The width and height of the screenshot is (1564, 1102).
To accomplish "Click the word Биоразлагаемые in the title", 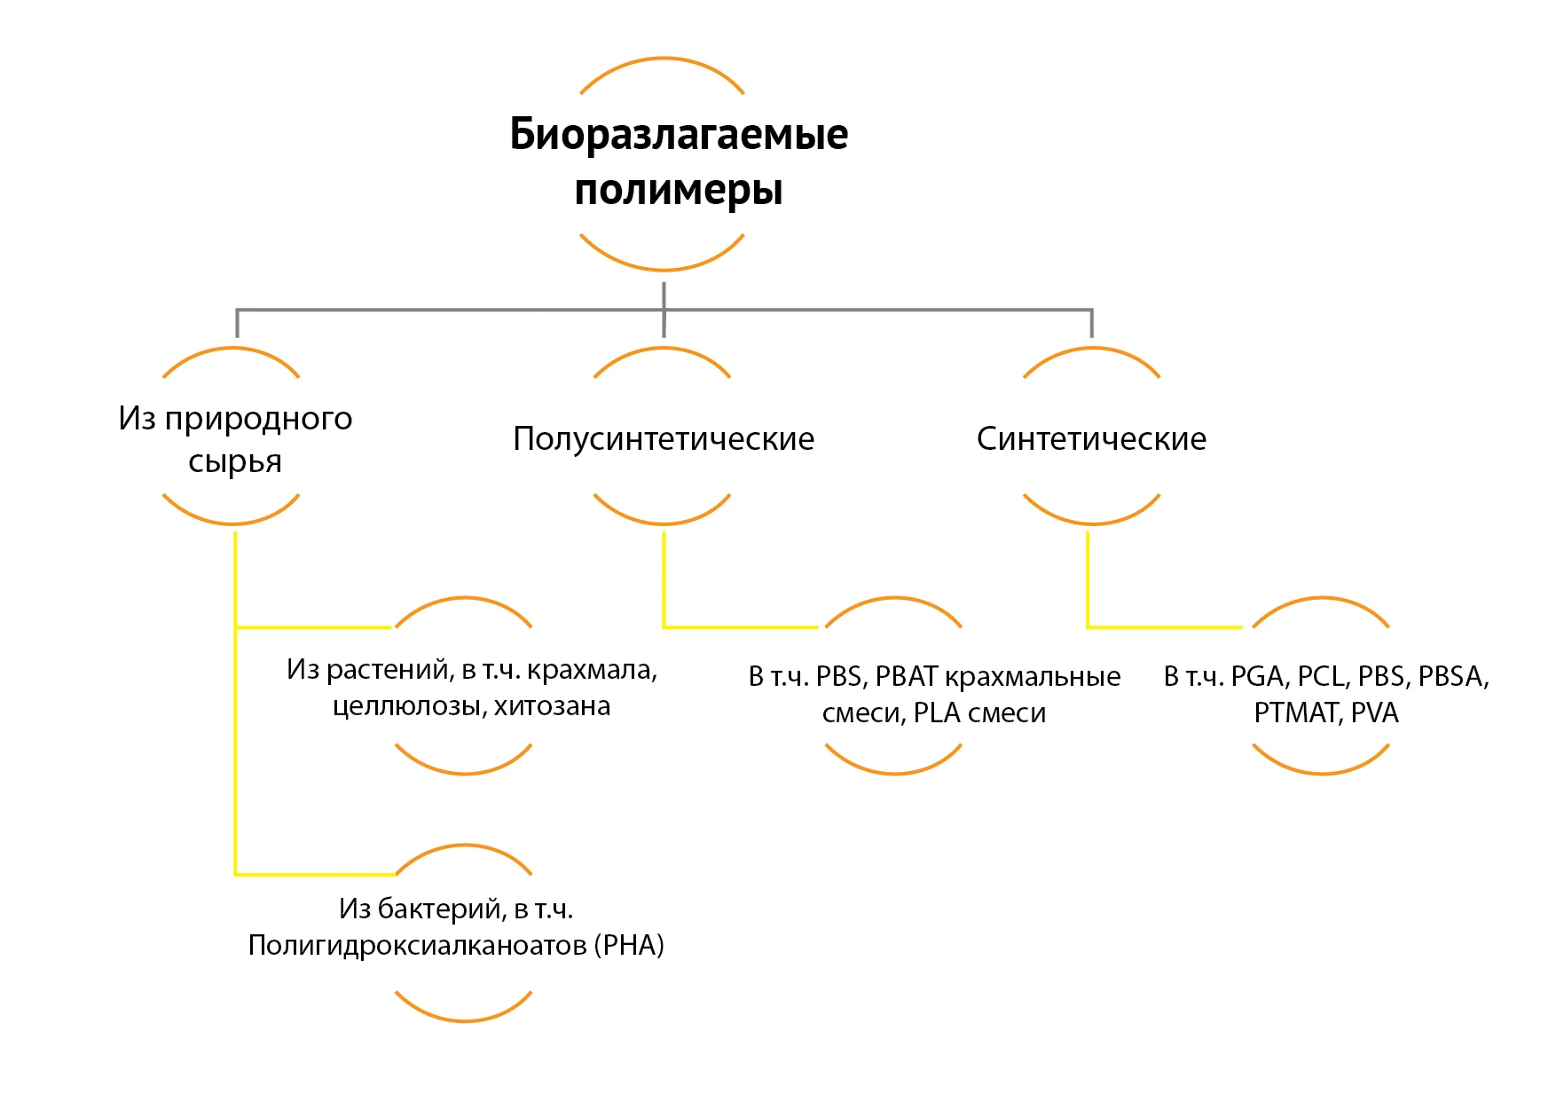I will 679,135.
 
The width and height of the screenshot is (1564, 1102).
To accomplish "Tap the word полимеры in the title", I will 679,190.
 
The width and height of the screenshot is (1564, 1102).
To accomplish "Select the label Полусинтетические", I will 664,438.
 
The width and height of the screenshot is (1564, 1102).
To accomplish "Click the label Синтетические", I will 1091,438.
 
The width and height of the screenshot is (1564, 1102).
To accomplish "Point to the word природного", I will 258,419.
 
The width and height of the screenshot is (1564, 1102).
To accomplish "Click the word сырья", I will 235,461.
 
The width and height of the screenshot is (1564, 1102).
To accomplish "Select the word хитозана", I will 552,706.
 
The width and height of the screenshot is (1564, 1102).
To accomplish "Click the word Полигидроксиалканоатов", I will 417,946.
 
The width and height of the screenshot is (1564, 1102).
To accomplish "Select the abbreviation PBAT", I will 907,677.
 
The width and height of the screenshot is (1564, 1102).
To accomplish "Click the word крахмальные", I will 1033,677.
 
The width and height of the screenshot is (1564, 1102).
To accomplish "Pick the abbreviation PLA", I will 937,713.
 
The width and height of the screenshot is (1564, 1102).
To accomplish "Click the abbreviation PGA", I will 1260,677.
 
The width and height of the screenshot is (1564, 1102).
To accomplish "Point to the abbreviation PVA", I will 1374,713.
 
